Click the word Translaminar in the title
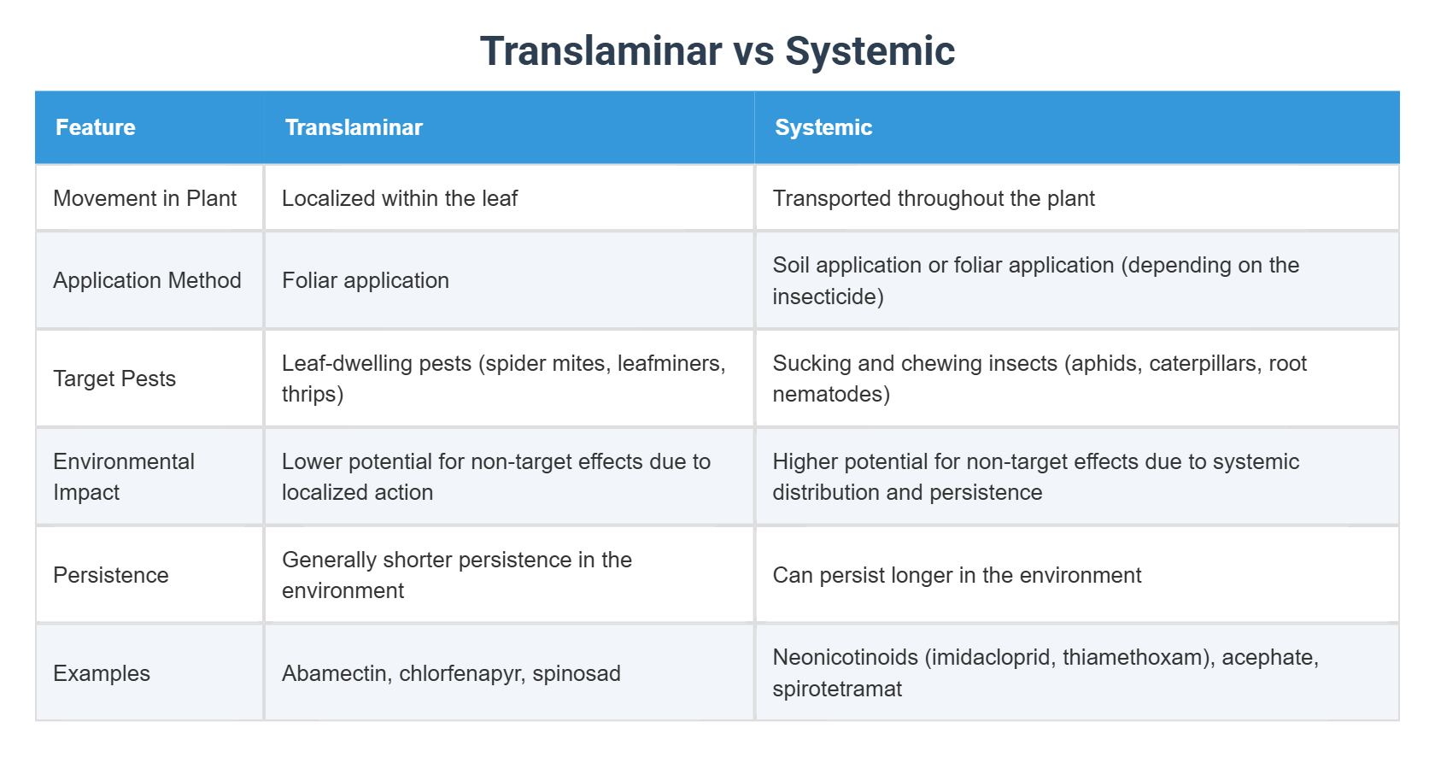pos(600,51)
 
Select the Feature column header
pos(96,127)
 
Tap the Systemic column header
pos(823,127)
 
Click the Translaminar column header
pos(354,127)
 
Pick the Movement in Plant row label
pos(144,198)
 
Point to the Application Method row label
pos(147,280)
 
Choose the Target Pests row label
pos(114,378)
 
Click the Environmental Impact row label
pos(123,477)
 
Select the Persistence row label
pos(111,575)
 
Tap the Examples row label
pos(102,673)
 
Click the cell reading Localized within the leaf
pos(400,198)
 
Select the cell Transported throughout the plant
pos(934,198)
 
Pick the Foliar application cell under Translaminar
pos(366,280)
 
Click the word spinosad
pos(577,673)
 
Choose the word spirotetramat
pos(837,689)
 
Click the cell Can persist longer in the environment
pos(957,575)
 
